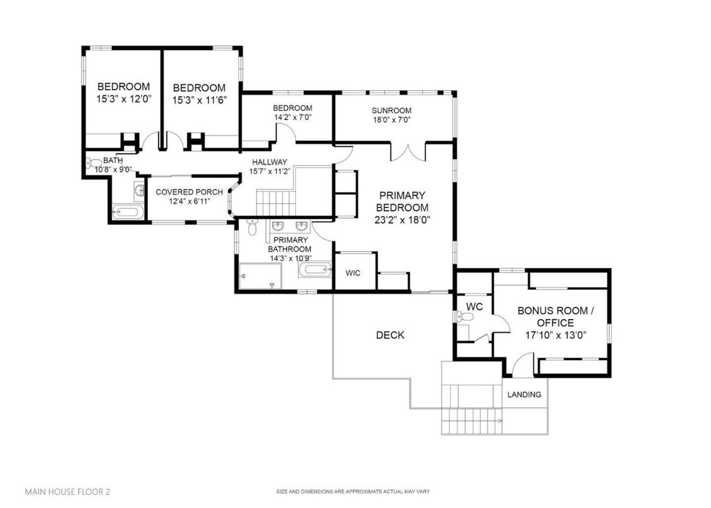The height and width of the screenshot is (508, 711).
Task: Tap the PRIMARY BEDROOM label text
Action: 402,202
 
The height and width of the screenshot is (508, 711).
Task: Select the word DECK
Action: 389,335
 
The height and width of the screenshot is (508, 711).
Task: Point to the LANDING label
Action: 525,394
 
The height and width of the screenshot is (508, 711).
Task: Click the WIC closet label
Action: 353,273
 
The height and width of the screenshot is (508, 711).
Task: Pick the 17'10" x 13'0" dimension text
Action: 556,335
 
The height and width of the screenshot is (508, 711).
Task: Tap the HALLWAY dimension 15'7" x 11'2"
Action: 269,171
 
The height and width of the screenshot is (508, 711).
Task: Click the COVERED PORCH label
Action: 189,192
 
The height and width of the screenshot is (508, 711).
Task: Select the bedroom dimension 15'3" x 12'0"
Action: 123,100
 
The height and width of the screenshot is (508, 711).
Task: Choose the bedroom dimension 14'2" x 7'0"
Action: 292,117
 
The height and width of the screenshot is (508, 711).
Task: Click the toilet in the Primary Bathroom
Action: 252,228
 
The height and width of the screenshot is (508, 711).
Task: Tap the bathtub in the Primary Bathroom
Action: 314,271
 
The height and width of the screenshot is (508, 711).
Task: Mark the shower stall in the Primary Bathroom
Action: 260,277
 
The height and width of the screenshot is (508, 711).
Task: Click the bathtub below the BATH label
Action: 128,212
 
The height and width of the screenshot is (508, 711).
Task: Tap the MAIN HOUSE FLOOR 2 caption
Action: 62,490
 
